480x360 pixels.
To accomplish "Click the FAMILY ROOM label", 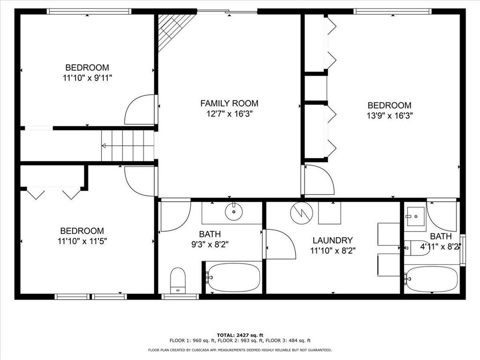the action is [229, 104].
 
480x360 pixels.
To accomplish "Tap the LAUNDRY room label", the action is [332, 240].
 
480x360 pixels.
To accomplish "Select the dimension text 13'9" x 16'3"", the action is [390, 116].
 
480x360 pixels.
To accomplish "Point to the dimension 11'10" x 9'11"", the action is [87, 78].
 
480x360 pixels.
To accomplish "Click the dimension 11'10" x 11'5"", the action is [82, 241].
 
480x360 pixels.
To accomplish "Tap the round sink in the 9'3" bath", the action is [234, 211].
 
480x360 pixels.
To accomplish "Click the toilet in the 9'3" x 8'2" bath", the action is [178, 281].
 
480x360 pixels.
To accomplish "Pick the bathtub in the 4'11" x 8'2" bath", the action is [432, 279].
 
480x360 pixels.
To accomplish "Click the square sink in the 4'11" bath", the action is [415, 217].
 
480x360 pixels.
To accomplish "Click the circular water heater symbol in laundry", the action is [302, 213].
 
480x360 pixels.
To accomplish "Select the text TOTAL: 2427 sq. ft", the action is [240, 335].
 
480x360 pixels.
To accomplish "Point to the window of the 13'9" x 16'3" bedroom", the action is [393, 11].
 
